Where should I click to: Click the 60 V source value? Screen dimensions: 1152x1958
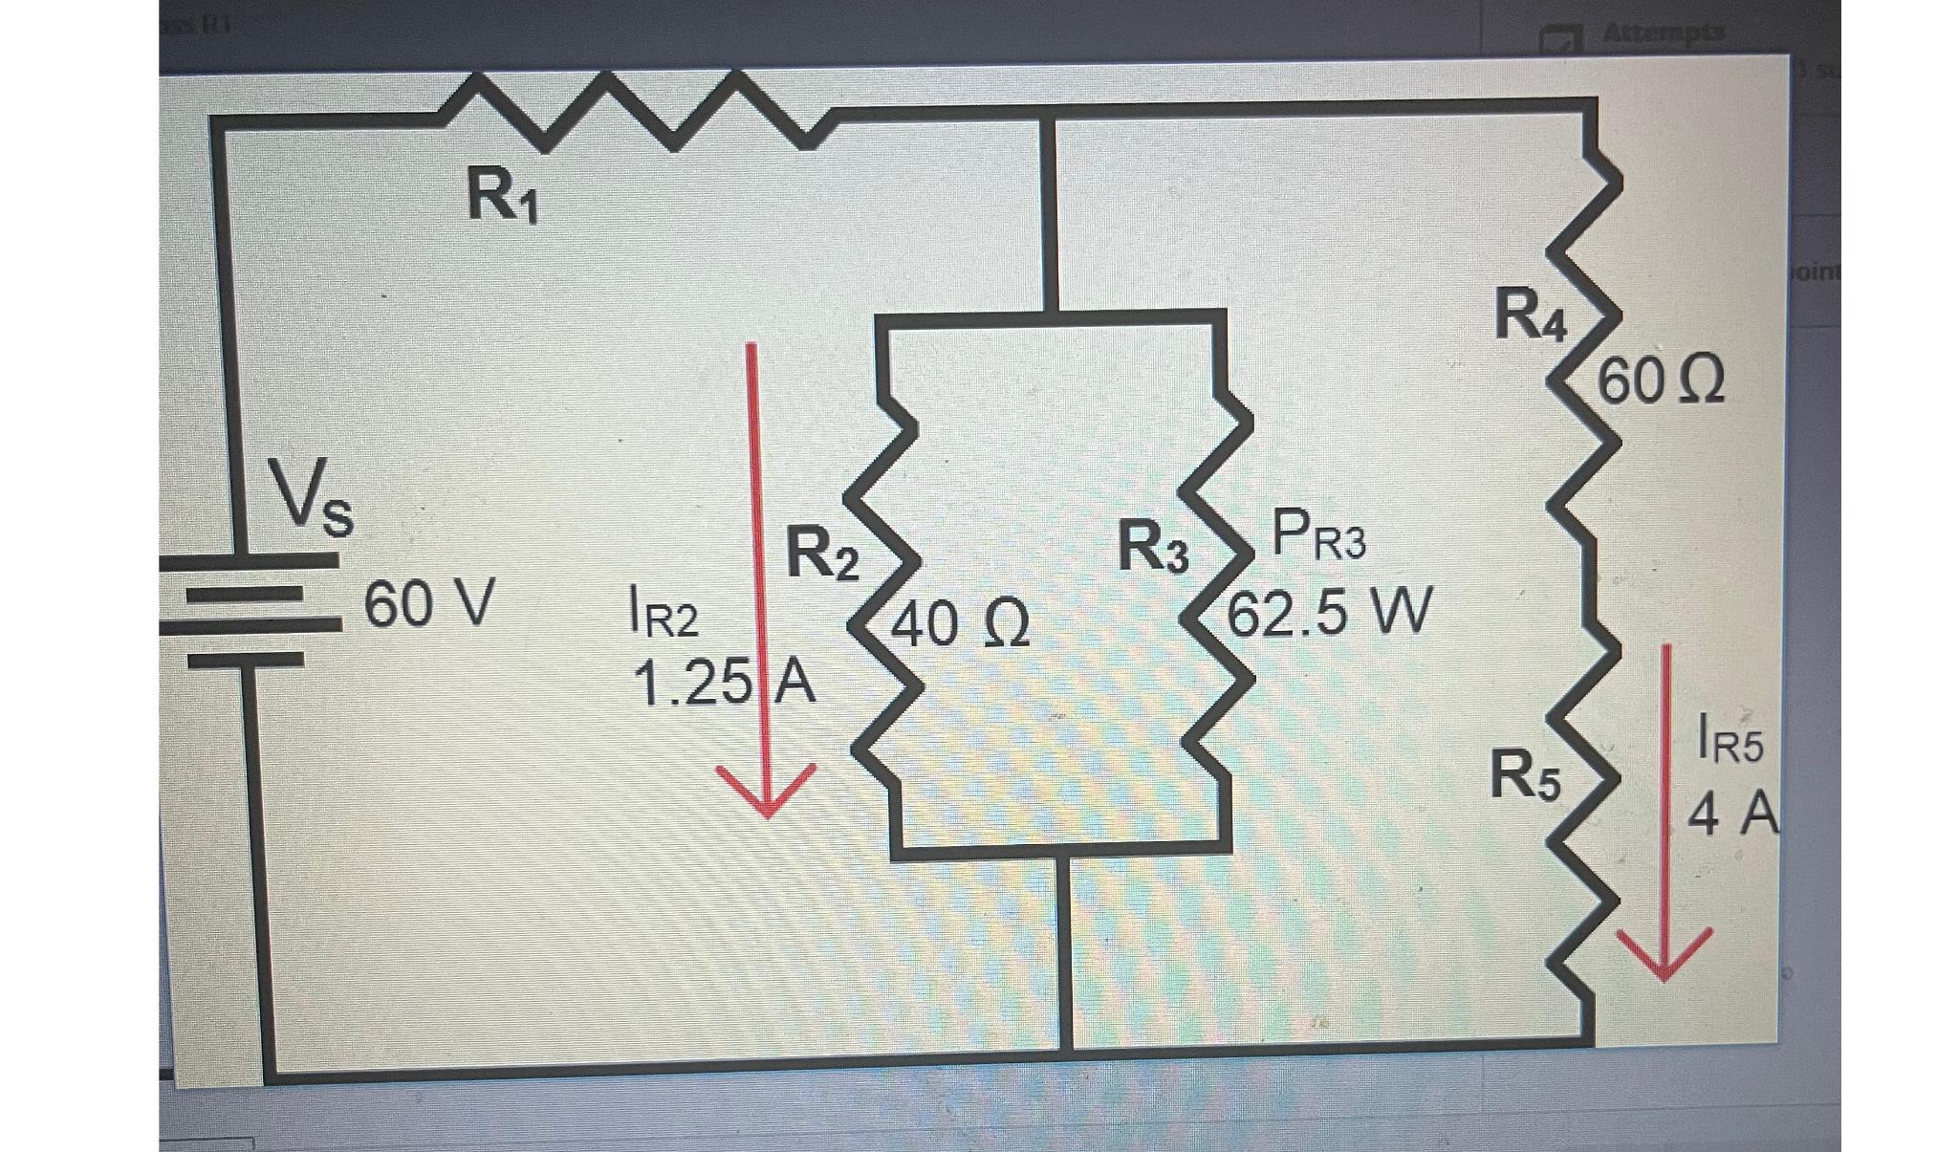pos(429,605)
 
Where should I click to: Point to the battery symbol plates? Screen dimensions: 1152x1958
pos(250,608)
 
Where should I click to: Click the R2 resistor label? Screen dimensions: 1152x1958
pos(821,554)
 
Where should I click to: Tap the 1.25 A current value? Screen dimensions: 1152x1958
pos(724,684)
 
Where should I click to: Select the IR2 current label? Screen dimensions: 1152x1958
pos(664,613)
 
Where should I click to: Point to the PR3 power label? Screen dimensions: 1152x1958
pos(1319,537)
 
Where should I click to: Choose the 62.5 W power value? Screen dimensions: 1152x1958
pos(1329,612)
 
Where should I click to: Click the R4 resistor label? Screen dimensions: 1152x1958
pos(1530,316)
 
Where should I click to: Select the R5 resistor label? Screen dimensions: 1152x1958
pos(1525,775)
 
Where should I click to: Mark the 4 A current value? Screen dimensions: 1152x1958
pos(1731,815)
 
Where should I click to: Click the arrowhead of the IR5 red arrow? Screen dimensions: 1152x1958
pos(1664,957)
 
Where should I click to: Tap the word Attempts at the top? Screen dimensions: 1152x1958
pos(1663,33)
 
